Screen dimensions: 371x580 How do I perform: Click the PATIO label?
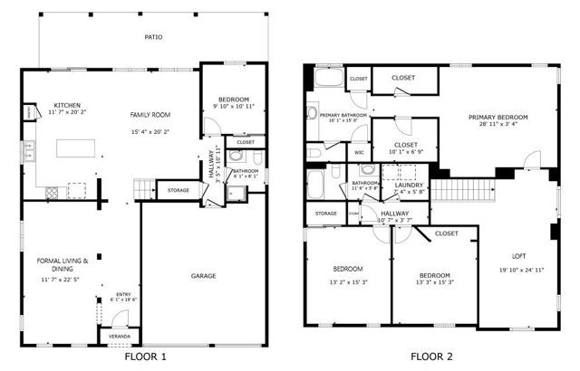(x=153, y=38)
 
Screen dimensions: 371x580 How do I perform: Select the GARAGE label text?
(x=202, y=275)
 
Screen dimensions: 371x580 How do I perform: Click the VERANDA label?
(x=121, y=336)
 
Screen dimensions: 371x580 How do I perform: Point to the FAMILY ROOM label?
(x=150, y=114)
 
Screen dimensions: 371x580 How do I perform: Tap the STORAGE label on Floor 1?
(x=179, y=191)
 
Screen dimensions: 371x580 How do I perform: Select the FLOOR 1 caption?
(x=146, y=357)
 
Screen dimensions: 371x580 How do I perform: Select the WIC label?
(x=359, y=152)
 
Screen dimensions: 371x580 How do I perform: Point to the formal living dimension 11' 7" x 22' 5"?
(x=61, y=280)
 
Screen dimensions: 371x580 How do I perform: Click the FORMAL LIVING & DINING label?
(x=62, y=264)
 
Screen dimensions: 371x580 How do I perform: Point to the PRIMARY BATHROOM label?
(x=343, y=115)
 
